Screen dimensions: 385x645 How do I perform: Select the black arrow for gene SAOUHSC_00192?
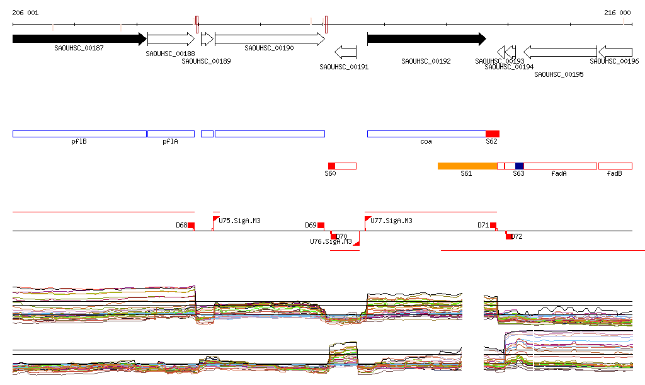[x=426, y=39]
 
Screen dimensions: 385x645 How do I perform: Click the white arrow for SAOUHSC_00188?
[x=171, y=39]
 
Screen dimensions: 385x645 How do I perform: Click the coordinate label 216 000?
[x=617, y=13]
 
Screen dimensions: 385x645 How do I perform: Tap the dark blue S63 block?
[x=519, y=166]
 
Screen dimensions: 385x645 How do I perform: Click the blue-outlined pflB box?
[x=79, y=134]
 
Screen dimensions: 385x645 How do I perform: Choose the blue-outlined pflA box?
[x=171, y=134]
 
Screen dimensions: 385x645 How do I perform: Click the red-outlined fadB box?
[x=615, y=166]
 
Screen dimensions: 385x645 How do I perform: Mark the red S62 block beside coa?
[x=493, y=134]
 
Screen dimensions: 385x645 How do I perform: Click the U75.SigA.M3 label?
[x=239, y=221]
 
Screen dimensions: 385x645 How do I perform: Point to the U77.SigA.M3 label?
[x=391, y=221]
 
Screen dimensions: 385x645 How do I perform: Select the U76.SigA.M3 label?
[x=331, y=241]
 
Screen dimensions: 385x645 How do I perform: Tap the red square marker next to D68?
[x=191, y=226]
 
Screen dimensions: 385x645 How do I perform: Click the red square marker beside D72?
[x=509, y=236]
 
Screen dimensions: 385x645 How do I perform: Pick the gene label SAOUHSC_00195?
[x=559, y=74]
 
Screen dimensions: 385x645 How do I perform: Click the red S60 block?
[x=331, y=166]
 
